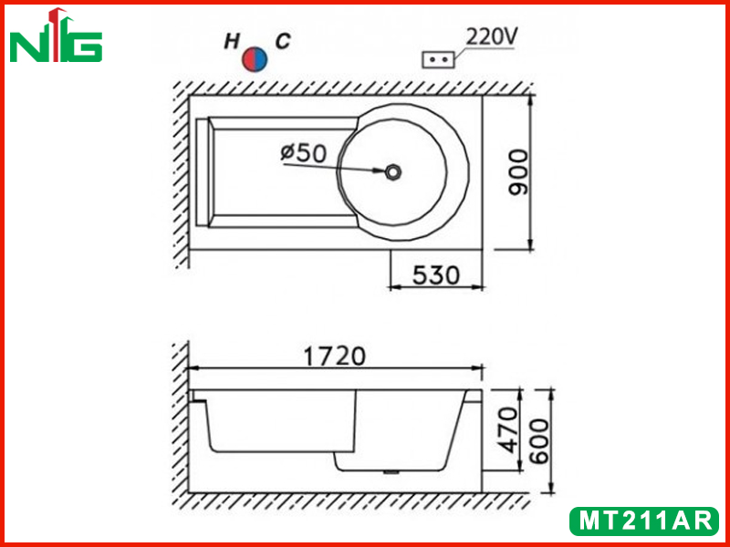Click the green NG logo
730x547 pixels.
pos(56,36)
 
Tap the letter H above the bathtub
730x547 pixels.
pos(232,42)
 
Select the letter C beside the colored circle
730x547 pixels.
pos(283,41)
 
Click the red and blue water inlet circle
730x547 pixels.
pos(255,58)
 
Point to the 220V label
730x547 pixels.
pos(492,37)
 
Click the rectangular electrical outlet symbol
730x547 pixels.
pos(438,60)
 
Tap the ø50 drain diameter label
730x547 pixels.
pos(304,153)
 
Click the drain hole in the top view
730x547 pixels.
pos(393,172)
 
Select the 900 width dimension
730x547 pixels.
pos(518,172)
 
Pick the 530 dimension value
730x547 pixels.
pos(436,275)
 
